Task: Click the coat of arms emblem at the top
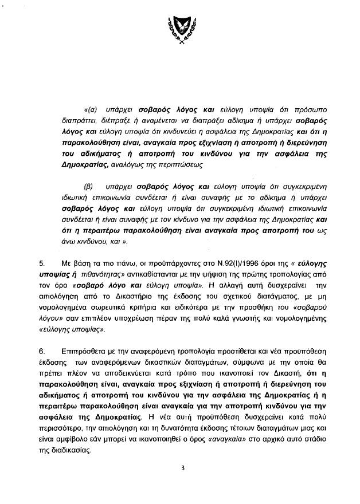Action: click(x=181, y=30)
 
